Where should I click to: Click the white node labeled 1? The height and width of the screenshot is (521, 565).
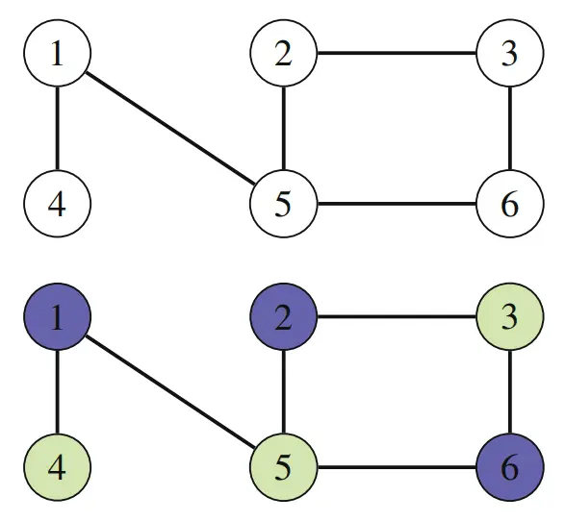(58, 53)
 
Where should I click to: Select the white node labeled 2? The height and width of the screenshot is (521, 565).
(284, 53)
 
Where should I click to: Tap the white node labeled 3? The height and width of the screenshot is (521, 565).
(510, 53)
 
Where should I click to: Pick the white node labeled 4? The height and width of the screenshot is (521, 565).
(58, 204)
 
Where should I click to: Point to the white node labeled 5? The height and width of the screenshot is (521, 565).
(284, 204)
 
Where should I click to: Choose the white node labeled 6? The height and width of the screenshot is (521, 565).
(510, 204)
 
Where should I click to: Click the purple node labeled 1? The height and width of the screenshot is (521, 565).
(58, 316)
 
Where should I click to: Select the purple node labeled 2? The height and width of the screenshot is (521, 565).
(284, 316)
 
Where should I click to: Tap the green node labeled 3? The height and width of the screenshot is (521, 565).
(510, 316)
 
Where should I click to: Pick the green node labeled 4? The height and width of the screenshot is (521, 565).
(58, 467)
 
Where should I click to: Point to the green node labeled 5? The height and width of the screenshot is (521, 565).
(284, 467)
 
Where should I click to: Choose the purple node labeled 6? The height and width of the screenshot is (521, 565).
(510, 467)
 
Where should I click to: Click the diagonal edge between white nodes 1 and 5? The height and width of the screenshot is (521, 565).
(170, 129)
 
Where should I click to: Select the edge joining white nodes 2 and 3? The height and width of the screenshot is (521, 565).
(397, 53)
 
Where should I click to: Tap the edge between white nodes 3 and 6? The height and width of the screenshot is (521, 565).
(510, 129)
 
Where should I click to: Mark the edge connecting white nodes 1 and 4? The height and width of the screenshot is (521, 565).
(58, 129)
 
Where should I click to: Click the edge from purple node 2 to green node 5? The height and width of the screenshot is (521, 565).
(284, 392)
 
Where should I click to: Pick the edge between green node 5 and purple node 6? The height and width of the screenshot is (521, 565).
(397, 467)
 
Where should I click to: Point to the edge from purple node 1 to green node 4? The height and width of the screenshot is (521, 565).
(58, 392)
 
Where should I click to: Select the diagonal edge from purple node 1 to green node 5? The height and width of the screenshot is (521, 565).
(170, 392)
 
